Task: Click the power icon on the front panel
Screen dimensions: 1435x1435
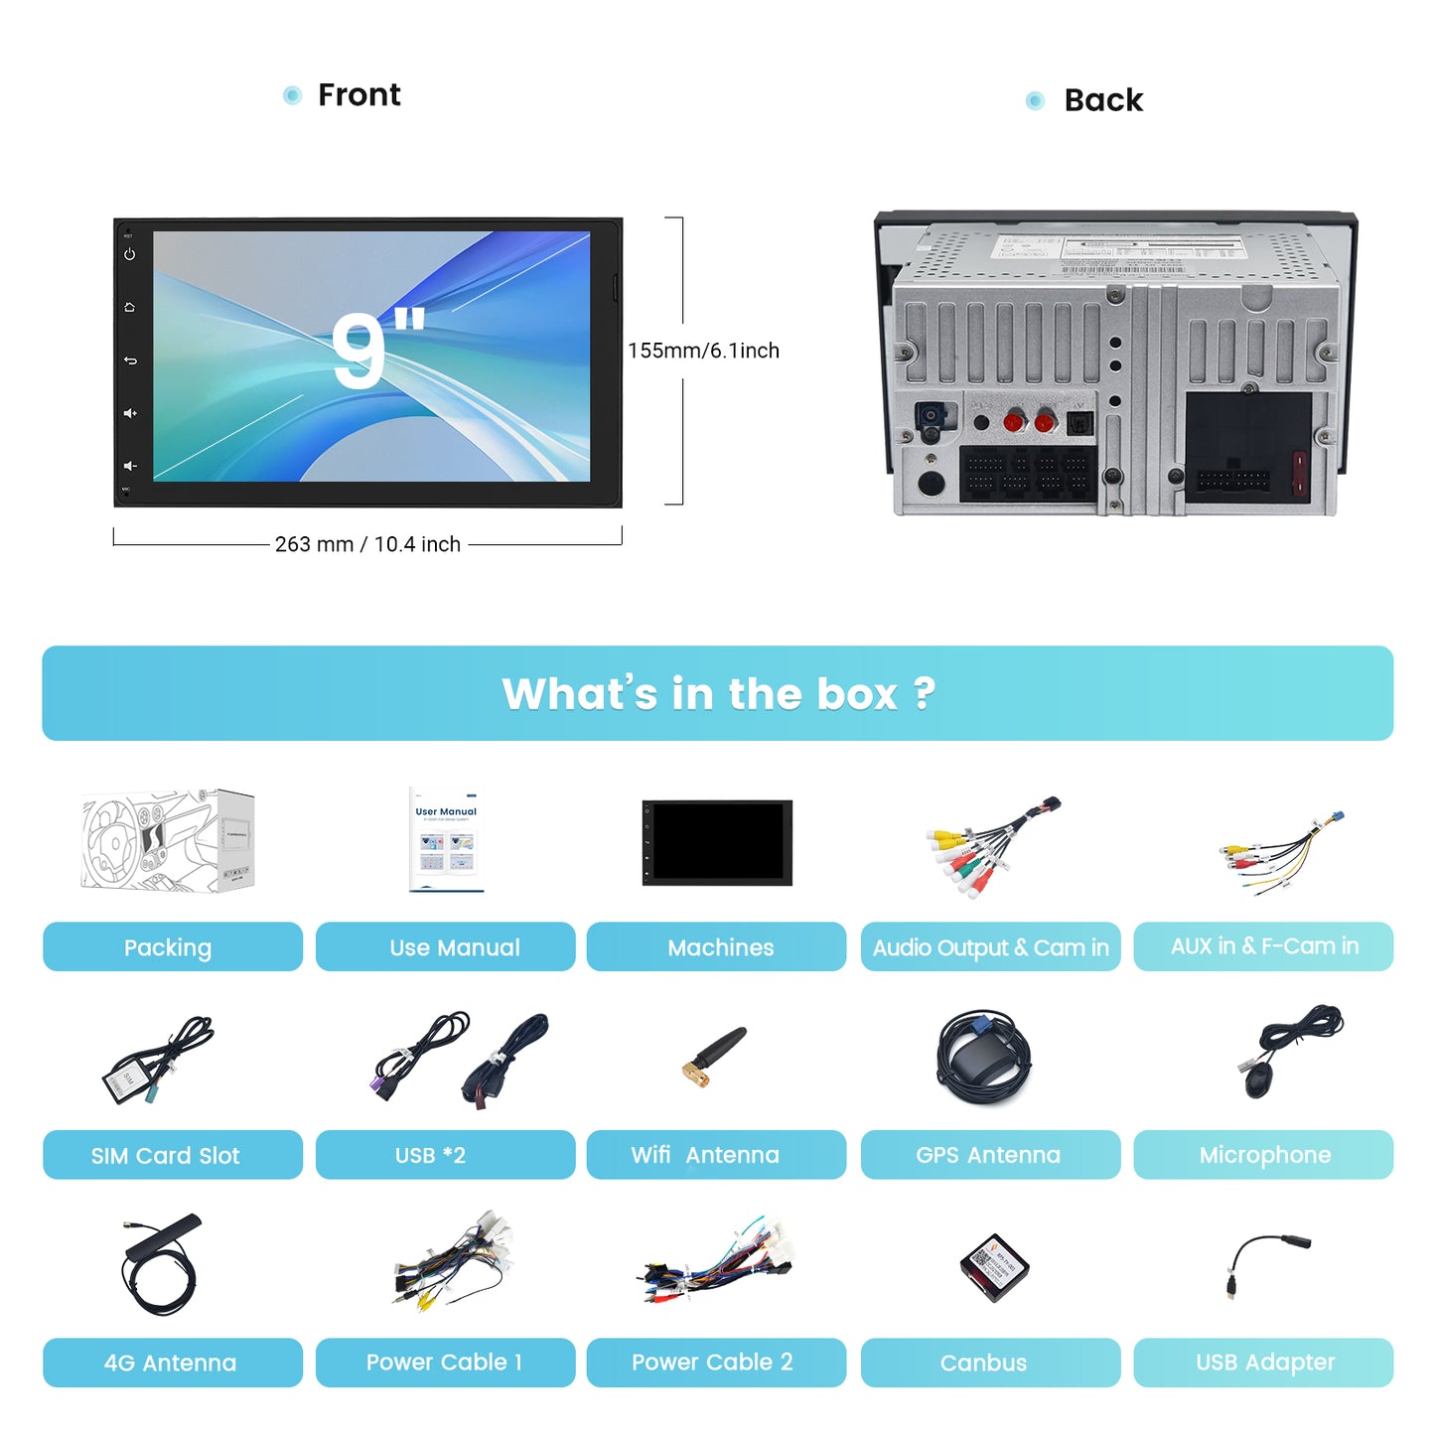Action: click(129, 254)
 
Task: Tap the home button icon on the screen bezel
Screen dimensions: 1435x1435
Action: click(129, 308)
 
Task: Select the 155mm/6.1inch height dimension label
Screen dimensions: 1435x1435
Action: click(703, 351)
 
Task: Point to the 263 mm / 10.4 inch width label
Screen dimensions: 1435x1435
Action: click(367, 544)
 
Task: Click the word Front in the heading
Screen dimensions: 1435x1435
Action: click(359, 95)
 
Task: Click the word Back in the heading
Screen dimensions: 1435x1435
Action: click(1103, 100)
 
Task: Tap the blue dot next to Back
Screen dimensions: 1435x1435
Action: click(1035, 100)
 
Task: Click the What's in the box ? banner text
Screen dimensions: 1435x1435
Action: click(718, 693)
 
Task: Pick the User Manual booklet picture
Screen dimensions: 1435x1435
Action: click(446, 840)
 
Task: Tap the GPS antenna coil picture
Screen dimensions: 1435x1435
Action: click(984, 1059)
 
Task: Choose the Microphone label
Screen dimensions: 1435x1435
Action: click(1263, 1155)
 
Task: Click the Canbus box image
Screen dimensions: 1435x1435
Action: click(993, 1267)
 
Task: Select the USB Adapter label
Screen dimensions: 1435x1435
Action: click(1263, 1363)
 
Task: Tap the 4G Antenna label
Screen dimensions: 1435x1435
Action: click(172, 1363)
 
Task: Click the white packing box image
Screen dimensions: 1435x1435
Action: click(168, 840)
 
